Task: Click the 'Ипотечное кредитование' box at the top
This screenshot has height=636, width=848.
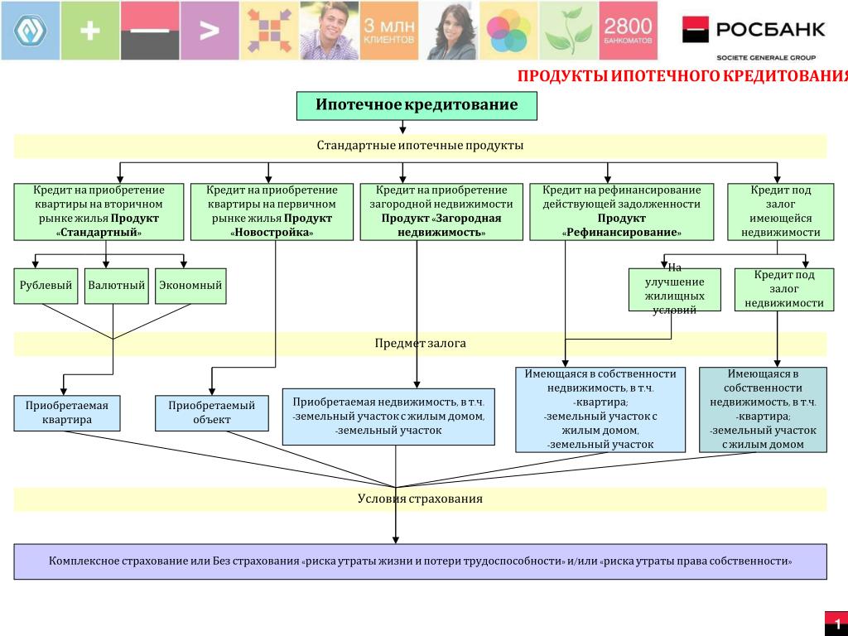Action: pos(417,105)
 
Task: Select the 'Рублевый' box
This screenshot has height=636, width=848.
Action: pos(46,286)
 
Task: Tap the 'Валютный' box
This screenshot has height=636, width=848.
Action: pos(116,286)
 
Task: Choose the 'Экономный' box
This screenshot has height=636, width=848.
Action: pos(190,286)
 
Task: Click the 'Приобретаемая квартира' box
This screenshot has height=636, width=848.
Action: pos(67,412)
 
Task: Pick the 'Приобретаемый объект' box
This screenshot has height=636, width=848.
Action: pos(212,412)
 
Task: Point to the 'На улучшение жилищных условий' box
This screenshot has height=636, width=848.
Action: pos(675,289)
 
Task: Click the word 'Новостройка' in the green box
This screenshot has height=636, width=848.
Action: pos(272,233)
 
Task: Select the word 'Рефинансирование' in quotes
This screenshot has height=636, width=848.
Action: pos(621,233)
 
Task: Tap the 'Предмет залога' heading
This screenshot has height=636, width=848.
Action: pos(420,343)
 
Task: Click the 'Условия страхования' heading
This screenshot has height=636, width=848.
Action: pos(420,499)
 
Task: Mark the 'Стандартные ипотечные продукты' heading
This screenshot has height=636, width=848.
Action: pos(420,146)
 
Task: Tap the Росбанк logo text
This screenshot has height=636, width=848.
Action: pos(770,30)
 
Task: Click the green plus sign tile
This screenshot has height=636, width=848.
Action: pos(90,31)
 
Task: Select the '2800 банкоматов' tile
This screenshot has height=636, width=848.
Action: pos(627,31)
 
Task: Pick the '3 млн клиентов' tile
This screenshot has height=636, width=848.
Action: pos(389,31)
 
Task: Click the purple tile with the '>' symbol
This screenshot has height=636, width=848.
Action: pos(210,31)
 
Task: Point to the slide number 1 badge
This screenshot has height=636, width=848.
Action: pos(836,624)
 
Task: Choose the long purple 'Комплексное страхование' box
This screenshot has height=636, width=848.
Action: pos(420,561)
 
